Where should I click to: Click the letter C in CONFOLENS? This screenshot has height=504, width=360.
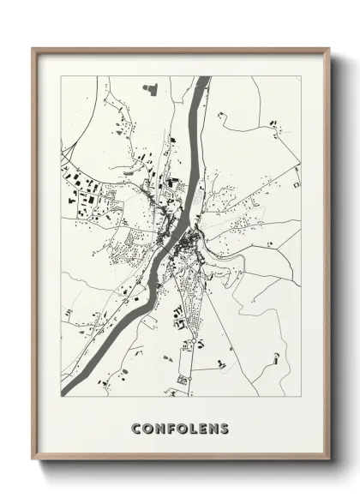pos(137,428)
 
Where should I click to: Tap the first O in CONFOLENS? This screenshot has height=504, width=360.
pos(148,428)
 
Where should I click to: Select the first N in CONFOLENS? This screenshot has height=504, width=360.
pos(160,428)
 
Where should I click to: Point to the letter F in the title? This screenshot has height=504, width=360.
pos(171,428)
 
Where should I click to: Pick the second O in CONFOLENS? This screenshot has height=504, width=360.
pos(182,428)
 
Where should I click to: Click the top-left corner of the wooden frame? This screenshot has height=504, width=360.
pos(33,48)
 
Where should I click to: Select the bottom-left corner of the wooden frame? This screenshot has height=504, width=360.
pos(33,462)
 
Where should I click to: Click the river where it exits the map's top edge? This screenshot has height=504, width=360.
pos(203,78)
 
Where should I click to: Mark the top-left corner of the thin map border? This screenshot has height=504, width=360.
pos(60,76)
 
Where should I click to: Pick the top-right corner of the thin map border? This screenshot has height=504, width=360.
pos(301,76)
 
